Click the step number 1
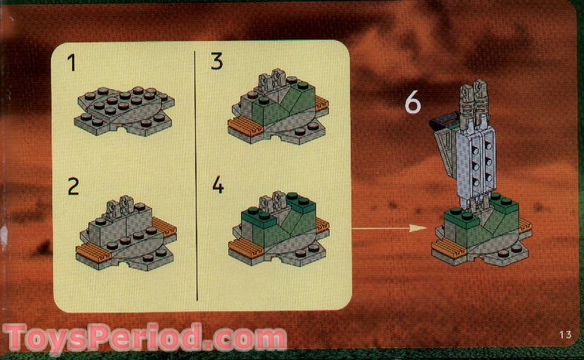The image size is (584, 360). coord(71,63)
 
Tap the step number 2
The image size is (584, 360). coord(73,187)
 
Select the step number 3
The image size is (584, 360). coord(217,62)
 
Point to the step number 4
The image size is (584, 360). coord(218,186)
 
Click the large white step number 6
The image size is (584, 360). coord(412,103)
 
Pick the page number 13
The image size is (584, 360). coord(564,335)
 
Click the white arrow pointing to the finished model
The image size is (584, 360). coord(388,228)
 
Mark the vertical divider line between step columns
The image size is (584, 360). coord(195,177)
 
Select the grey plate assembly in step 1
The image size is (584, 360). coord(124,110)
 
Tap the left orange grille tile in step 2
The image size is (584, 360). coord(93,251)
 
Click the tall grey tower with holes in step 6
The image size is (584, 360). coord(469,156)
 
